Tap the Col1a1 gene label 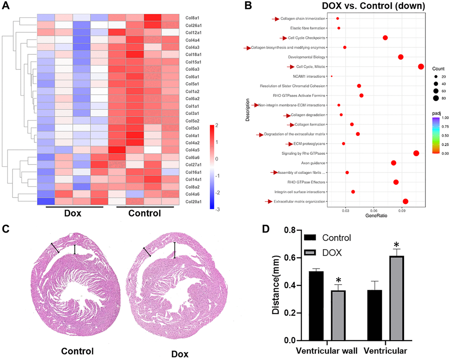tap(195, 106)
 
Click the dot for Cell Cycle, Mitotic tap(420, 67)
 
